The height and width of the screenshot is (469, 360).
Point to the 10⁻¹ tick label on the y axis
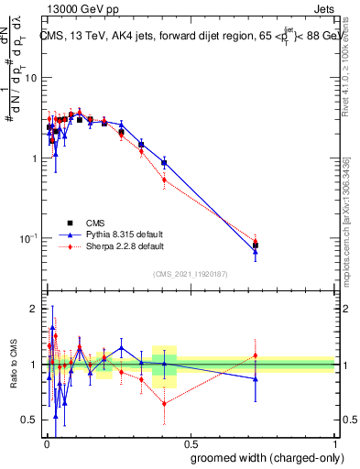click(28, 239)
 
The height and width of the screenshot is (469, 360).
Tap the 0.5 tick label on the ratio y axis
click(29, 420)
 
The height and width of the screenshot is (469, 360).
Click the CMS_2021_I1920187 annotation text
click(189, 274)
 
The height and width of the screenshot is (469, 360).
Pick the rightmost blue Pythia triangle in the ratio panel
click(256, 378)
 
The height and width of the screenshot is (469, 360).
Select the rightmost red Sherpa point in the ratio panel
click(256, 355)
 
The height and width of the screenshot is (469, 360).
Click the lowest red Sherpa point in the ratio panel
click(164, 404)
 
